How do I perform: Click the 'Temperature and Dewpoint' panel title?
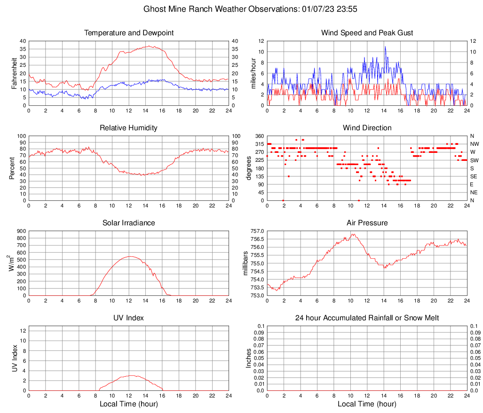(x=129, y=33)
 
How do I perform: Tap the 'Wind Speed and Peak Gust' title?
(x=367, y=33)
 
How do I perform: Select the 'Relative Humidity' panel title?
(x=129, y=128)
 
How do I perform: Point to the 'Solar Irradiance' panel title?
(x=129, y=223)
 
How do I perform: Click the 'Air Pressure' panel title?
(x=367, y=223)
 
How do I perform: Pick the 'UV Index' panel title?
(x=129, y=318)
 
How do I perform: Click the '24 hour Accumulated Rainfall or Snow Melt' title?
(x=367, y=318)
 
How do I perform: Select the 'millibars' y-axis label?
(x=245, y=263)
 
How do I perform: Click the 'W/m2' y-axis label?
(x=11, y=263)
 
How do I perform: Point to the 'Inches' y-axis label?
(x=249, y=358)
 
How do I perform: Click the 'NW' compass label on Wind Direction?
(x=474, y=144)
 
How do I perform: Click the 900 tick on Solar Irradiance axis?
(x=21, y=231)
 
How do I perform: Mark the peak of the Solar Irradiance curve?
(x=129, y=256)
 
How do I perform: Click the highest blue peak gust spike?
(x=385, y=47)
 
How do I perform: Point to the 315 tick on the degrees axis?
(x=258, y=144)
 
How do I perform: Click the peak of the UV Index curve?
(x=131, y=375)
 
